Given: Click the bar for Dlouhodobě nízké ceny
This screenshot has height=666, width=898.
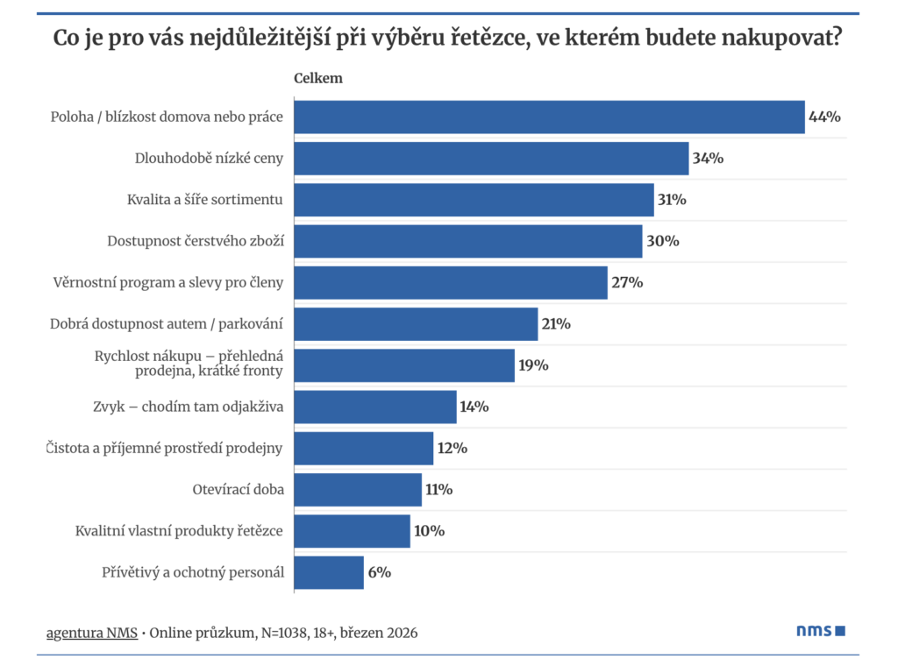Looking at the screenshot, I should (x=491, y=159).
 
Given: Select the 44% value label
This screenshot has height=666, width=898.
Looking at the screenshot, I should (x=824, y=117).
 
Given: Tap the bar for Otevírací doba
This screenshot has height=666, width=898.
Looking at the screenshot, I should (x=358, y=490).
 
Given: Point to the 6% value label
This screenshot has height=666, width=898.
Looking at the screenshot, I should (x=380, y=572).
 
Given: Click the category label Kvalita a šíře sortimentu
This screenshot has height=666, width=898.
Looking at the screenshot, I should (x=205, y=200).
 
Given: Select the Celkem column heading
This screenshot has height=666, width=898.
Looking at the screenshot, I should (x=317, y=78).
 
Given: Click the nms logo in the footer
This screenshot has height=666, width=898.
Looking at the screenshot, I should (x=821, y=630).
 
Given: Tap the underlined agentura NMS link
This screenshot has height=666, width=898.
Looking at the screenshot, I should (x=92, y=632).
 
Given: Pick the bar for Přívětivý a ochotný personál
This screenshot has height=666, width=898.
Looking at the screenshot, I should (x=329, y=572).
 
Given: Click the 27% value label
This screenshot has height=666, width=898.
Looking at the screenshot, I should (x=627, y=282).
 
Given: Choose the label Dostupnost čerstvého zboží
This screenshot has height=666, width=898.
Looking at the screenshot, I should (x=196, y=241).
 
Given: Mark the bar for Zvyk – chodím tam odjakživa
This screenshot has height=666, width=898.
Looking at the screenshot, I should (x=375, y=407).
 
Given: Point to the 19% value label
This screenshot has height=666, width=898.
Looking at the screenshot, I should (x=533, y=365).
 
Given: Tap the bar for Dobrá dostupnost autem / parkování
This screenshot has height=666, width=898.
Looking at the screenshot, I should (x=416, y=324).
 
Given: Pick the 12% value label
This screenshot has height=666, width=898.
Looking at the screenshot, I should (x=453, y=448).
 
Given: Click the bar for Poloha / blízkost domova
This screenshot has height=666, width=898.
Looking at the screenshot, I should (x=549, y=117).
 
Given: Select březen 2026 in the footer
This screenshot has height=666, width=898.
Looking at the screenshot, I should (x=378, y=632).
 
